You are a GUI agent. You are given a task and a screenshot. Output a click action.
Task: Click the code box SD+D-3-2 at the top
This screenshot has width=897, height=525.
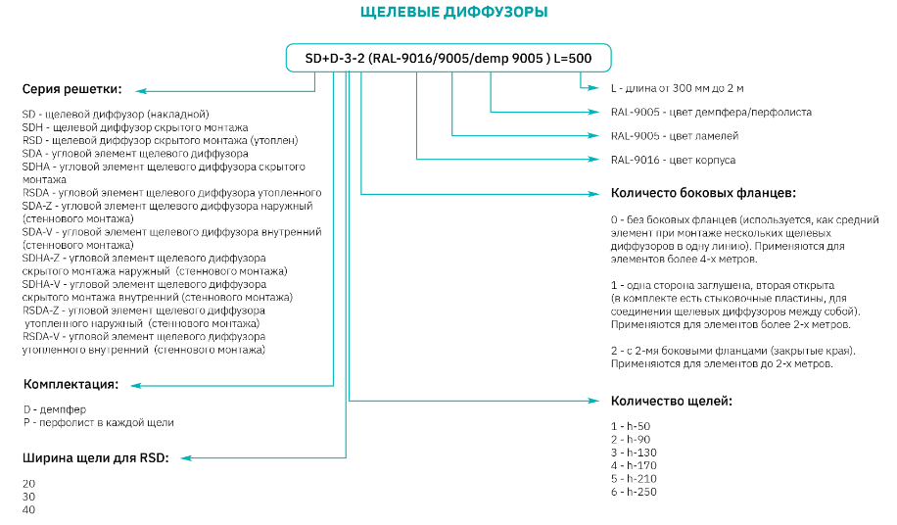point(448,58)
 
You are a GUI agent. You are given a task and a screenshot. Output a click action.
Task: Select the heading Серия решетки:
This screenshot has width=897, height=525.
point(71,90)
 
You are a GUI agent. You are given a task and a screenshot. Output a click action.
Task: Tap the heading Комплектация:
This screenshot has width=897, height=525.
point(71,383)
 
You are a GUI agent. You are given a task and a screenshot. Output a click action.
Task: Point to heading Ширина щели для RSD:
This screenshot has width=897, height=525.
point(95,457)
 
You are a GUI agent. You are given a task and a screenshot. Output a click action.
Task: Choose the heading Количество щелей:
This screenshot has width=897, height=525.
point(671,401)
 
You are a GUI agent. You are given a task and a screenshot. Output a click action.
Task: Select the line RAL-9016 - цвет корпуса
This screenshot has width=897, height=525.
point(673,159)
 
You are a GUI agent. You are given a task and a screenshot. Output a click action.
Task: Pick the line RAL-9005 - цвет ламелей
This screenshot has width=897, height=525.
point(675,135)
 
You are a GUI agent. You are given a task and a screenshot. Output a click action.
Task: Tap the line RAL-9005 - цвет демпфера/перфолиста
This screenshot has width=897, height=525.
point(711,112)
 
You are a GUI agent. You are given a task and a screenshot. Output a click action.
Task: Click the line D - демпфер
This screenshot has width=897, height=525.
point(55,408)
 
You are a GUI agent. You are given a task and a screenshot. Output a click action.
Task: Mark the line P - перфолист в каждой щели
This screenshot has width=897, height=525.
point(98,422)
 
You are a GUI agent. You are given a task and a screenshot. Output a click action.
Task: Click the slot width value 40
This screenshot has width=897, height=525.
point(28,509)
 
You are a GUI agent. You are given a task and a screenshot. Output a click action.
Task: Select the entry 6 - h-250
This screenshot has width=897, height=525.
point(633,491)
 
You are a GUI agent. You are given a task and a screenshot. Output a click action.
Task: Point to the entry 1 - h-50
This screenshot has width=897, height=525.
point(630,426)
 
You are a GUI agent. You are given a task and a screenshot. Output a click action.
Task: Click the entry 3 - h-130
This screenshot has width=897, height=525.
point(633,452)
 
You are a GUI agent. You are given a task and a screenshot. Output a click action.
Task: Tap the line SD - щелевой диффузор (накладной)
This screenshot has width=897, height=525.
point(116,115)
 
